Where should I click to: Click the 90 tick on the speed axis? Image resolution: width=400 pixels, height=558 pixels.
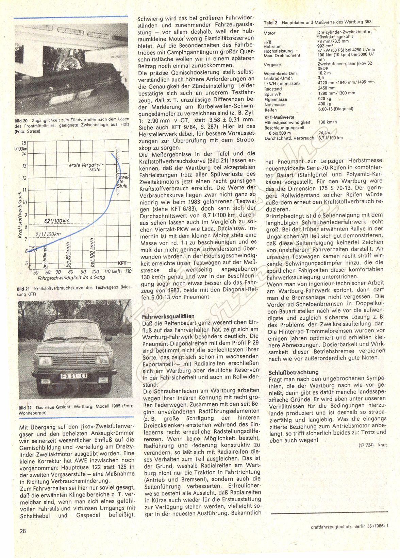pyautogui.click(x=83, y=272)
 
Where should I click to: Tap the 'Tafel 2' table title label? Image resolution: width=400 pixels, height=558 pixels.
pyautogui.click(x=270, y=22)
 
